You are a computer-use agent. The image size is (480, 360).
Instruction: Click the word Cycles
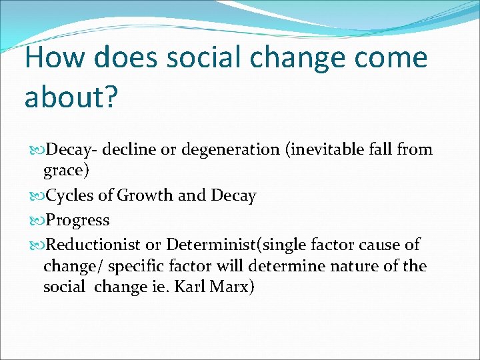[x=71, y=196]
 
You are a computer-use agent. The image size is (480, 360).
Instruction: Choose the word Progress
[x=79, y=220]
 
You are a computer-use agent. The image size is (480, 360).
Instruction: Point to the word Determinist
[x=213, y=244]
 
